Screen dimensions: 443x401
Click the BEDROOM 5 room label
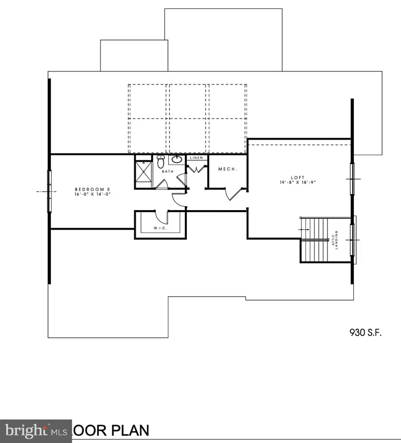click(x=92, y=189)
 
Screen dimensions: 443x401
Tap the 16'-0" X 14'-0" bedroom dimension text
click(x=92, y=194)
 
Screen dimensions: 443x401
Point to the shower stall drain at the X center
click(x=143, y=172)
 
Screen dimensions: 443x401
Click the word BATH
click(x=168, y=171)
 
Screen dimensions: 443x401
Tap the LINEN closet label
click(x=196, y=158)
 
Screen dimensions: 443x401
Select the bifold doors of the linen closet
click(x=196, y=169)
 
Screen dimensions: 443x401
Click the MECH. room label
click(x=227, y=169)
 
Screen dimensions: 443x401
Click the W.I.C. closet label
click(x=160, y=228)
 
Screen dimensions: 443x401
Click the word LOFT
click(x=297, y=178)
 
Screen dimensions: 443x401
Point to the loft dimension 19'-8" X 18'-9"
click(x=297, y=182)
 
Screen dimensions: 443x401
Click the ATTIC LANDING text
click(x=334, y=240)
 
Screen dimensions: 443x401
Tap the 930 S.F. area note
click(x=365, y=333)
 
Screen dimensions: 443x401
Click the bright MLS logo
click(x=36, y=431)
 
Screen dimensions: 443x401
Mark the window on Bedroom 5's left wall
click(x=49, y=191)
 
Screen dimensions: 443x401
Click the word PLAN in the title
click(x=130, y=431)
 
